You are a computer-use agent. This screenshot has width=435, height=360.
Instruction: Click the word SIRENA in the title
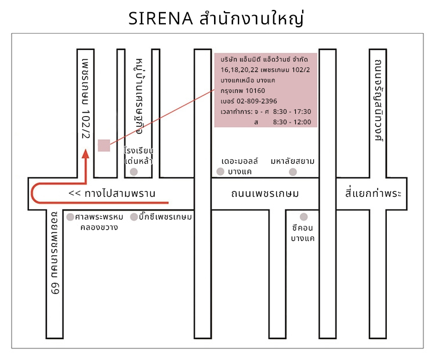[160, 19]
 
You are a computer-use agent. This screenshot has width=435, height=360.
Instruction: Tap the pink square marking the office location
[104, 146]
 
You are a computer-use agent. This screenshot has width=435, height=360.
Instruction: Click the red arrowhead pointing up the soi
[86, 154]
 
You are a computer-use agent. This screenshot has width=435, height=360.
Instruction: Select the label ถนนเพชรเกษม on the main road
[265, 193]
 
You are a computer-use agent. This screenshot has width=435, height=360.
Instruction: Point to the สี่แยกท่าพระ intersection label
[373, 193]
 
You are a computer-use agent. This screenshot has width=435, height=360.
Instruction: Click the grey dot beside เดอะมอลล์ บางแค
[220, 172]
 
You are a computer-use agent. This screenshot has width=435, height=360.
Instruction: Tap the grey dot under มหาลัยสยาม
[293, 172]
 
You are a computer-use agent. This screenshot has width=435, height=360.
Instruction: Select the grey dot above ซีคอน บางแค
[304, 217]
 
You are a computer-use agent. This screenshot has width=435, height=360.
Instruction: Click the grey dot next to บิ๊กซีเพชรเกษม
[134, 217]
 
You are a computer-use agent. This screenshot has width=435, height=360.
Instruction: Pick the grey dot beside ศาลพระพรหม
[70, 217]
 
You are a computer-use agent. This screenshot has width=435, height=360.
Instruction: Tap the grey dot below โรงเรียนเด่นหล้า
[134, 172]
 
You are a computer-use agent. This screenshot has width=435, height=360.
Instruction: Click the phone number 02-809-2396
[256, 101]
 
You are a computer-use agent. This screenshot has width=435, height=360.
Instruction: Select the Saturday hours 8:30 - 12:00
[292, 122]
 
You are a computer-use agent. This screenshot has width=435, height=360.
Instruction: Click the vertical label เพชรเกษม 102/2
[86, 99]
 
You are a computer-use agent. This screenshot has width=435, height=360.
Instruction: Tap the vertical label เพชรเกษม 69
[55, 253]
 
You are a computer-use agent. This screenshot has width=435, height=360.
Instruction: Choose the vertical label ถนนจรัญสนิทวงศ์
[378, 100]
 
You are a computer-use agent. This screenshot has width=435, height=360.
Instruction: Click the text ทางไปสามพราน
[120, 193]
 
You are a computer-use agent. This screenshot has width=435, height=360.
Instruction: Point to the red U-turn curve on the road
[32, 193]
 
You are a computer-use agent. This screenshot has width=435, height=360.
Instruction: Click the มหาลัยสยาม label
[293, 161]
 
